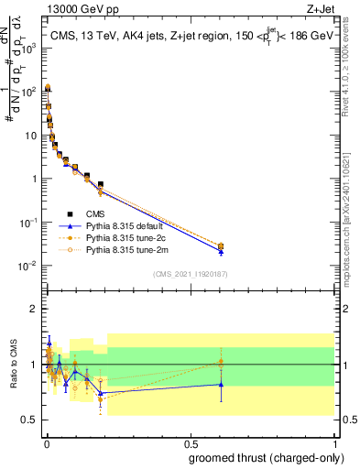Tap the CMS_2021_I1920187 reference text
(191, 274)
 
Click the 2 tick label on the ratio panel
(34, 309)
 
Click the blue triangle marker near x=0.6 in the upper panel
(221, 249)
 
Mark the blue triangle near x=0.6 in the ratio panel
(221, 384)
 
